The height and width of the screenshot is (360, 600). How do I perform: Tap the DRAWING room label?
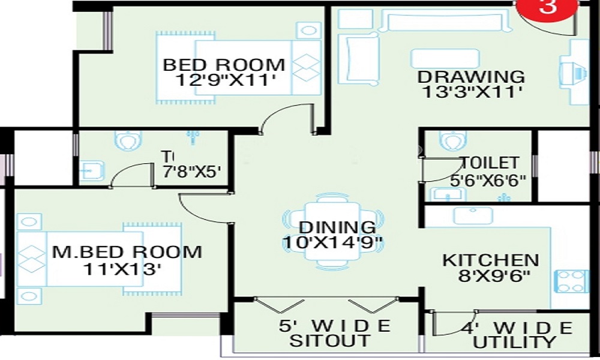pos(471,77)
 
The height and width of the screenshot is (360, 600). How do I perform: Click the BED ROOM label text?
pos(224,64)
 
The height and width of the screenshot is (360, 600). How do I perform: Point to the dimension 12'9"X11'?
pos(224,80)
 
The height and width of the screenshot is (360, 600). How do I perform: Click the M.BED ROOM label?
pos(127,251)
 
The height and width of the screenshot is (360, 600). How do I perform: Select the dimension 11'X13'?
pos(123,269)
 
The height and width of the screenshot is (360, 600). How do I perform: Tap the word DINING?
pos(337,227)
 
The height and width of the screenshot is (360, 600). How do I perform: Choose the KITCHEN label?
pos(490,260)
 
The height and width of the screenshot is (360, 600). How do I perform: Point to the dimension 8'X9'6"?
pos(490,277)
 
